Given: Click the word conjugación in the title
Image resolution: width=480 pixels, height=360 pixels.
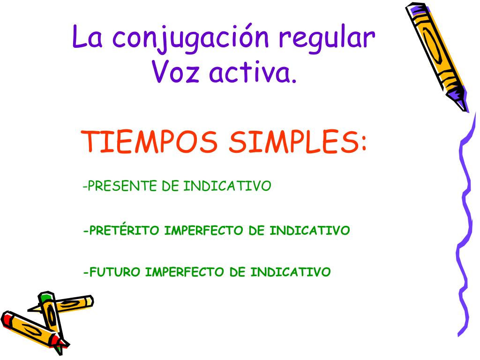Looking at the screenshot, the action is point(190,39).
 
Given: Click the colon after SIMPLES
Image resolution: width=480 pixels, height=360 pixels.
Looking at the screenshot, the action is point(363,143).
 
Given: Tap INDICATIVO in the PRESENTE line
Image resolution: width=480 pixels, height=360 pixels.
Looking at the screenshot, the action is point(227,186).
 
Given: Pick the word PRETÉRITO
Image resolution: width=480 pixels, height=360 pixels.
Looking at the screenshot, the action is point(124,230).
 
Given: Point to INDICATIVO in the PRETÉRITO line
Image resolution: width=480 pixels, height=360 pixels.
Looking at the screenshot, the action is point(309,231).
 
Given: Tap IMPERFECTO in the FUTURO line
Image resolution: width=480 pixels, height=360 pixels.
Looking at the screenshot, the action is point(185,272).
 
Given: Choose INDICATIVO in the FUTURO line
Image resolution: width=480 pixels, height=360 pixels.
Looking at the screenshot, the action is point(291,272).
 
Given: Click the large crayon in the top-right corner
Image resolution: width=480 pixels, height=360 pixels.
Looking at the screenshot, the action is point(436,57).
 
